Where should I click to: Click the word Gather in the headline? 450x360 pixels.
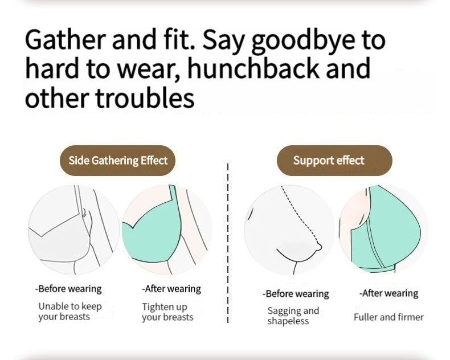(66, 40)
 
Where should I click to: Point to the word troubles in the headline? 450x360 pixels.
(145, 97)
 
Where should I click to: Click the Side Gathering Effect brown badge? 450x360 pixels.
(118, 161)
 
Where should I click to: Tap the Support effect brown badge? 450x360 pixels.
(334, 161)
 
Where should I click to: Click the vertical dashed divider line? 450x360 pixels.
(228, 243)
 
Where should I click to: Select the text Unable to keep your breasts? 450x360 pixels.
(70, 312)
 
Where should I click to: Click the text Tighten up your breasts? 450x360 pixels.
(167, 312)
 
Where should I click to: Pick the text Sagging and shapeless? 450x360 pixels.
(293, 316)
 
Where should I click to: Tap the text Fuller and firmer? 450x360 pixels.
(388, 317)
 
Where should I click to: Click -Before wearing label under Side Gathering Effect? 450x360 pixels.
(68, 289)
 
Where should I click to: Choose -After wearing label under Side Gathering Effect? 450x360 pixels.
(171, 289)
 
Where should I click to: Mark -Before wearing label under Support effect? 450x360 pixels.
(296, 294)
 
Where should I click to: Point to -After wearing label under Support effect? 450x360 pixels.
(388, 293)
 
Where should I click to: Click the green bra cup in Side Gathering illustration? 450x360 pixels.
(152, 232)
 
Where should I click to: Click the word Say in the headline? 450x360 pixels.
(224, 42)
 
